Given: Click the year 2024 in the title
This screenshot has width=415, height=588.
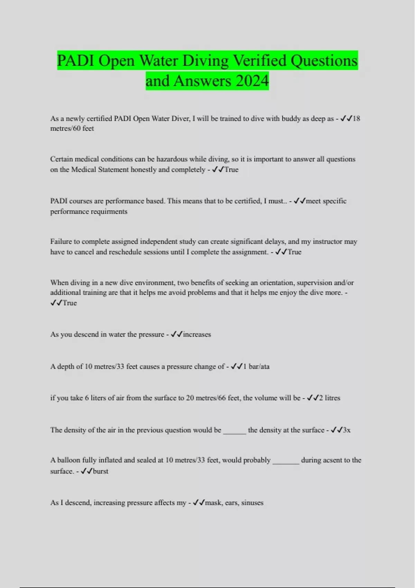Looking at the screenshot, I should pyautogui.click(x=252, y=81).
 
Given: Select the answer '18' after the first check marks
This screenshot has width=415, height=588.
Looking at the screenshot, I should pyautogui.click(x=356, y=118).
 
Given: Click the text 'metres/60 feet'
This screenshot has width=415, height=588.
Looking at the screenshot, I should pyautogui.click(x=72, y=128).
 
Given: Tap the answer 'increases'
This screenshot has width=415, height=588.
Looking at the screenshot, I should pyautogui.click(x=197, y=334).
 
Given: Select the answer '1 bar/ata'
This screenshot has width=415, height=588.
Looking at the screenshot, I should pyautogui.click(x=256, y=366).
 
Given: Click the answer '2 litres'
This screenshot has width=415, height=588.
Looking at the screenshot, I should pyautogui.click(x=330, y=398).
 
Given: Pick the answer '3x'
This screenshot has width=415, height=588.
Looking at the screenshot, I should pyautogui.click(x=347, y=430).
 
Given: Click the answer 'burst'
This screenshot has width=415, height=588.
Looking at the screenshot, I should pyautogui.click(x=101, y=471).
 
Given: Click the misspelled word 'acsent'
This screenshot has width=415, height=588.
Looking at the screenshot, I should pyautogui.click(x=331, y=460).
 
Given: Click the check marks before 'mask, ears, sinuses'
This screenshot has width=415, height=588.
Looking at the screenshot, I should pyautogui.click(x=199, y=503).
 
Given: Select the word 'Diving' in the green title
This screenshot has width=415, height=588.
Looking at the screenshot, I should pyautogui.click(x=205, y=61).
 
